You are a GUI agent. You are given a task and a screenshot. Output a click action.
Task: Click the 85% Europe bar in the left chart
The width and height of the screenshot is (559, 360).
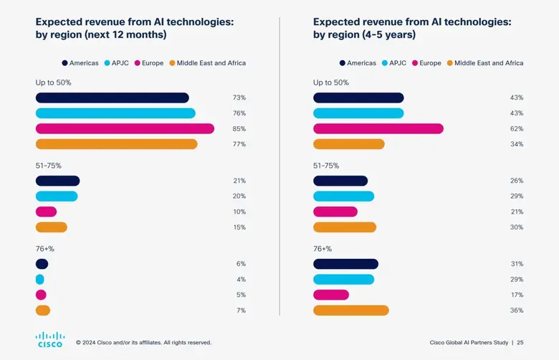point(125,129)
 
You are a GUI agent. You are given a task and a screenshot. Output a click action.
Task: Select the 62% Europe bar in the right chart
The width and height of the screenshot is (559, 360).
point(378,129)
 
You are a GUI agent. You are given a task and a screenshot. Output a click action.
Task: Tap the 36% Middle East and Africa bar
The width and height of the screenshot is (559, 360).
point(350,311)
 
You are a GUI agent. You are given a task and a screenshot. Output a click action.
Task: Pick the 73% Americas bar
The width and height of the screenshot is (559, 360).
point(112,98)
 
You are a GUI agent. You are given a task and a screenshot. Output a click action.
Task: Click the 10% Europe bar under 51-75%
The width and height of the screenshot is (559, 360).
point(46,212)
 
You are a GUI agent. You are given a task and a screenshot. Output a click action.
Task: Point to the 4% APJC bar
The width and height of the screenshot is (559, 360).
point(39,280)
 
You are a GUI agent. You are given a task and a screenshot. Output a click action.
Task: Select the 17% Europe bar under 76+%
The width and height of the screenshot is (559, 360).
point(331,295)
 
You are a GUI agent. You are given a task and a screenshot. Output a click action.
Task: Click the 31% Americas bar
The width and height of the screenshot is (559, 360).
point(345,264)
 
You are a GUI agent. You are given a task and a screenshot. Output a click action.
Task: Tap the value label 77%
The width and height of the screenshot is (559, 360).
point(239,144)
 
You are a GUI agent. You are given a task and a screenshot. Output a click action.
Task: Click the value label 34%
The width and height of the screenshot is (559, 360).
point(516,144)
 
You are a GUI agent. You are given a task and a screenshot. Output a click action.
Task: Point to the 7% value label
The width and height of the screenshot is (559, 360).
point(241,311)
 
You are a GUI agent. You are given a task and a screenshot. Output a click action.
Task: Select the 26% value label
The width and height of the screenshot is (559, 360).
point(516,181)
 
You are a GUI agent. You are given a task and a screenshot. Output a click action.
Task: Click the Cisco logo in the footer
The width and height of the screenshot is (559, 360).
point(50,339)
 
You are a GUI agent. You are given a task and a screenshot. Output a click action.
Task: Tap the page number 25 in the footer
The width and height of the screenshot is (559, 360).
point(520,342)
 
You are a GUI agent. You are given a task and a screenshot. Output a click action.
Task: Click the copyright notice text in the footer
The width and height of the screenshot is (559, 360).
point(143,343)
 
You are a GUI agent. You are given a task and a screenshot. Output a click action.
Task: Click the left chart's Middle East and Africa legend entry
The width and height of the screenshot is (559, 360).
point(207,63)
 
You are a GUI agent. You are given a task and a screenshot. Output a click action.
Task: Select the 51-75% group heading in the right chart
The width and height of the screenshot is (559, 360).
point(326,166)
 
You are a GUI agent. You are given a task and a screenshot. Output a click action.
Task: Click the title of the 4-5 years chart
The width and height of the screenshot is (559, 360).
point(412,29)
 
